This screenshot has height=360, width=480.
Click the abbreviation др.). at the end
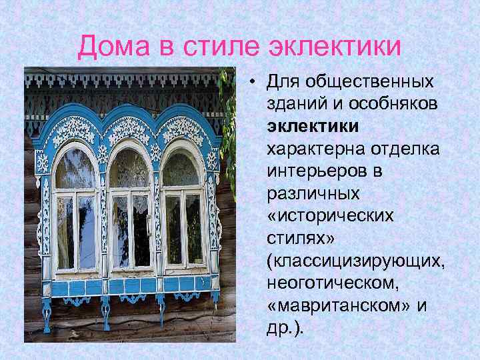[283, 327]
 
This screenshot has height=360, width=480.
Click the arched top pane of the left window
[75, 170]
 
